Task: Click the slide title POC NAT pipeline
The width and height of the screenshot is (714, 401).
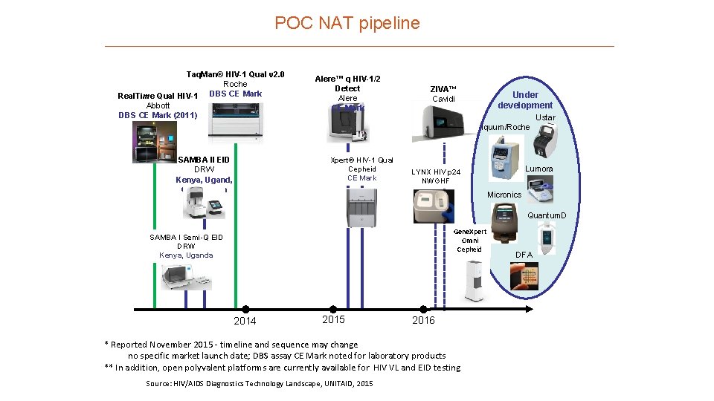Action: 347,23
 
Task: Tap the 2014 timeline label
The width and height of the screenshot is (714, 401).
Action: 245,321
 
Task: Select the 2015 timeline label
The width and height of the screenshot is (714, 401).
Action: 334,319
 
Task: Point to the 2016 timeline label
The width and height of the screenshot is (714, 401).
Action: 423,320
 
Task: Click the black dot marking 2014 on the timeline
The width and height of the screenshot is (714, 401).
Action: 245,309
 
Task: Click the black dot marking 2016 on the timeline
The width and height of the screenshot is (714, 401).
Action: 423,309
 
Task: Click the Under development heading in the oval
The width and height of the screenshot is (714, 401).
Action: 525,100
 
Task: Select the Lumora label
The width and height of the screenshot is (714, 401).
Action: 539,169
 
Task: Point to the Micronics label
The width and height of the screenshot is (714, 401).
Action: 504,195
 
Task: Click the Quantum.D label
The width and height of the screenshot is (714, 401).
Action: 547,215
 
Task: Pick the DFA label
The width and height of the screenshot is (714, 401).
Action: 524,255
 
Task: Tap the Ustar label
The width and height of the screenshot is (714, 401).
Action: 545,117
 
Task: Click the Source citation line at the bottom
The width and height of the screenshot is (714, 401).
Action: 260,383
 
